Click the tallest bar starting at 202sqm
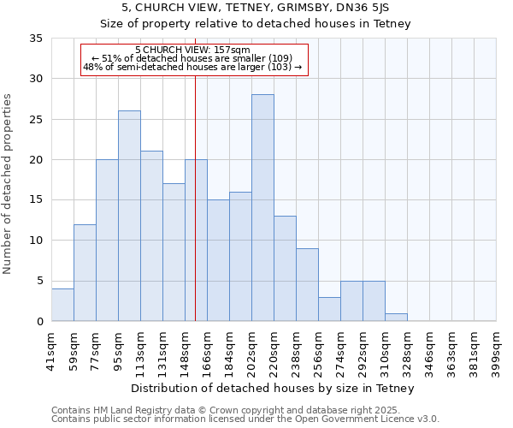tap(262, 208)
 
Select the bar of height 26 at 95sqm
tap(129, 216)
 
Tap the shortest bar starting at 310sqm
tap(396, 317)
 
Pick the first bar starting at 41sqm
tap(62, 305)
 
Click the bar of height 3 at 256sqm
tap(329, 309)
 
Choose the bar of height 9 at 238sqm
tap(307, 285)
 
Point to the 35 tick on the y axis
tap(36, 39)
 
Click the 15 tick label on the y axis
tap(36, 200)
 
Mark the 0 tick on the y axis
tap(39, 322)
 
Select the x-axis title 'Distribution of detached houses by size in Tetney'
tap(274, 388)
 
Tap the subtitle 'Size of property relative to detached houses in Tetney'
tap(256, 24)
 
